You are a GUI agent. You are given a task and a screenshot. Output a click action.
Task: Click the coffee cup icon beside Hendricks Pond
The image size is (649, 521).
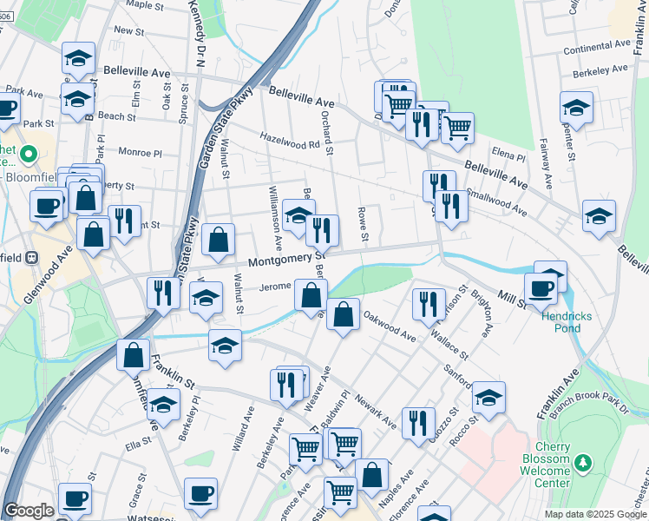(x=541, y=288)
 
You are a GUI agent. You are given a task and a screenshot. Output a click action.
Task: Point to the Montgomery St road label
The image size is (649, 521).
(x=285, y=259)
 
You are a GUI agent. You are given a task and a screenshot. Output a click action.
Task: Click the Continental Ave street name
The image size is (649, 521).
(x=597, y=45)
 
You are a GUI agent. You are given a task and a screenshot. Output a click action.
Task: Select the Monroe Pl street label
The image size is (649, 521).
(x=141, y=152)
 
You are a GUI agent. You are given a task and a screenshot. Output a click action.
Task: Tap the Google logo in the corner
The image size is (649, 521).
(x=29, y=511)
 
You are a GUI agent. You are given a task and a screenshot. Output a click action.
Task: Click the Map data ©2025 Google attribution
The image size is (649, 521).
(x=594, y=514)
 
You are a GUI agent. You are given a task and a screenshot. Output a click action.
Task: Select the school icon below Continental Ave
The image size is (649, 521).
(x=576, y=108)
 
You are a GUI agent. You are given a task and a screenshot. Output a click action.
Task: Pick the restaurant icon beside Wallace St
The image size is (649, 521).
(x=429, y=303)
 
